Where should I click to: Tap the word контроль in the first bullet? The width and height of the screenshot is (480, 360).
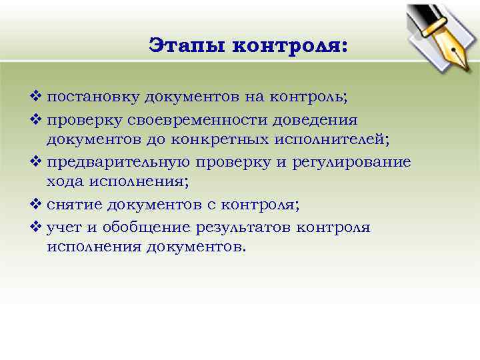[x=309, y=97]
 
